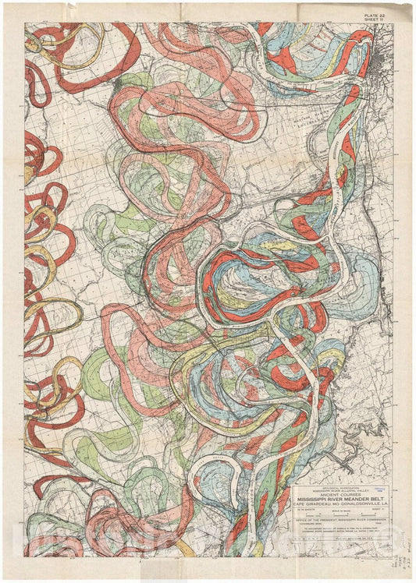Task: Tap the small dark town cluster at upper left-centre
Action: coord(117,82)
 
